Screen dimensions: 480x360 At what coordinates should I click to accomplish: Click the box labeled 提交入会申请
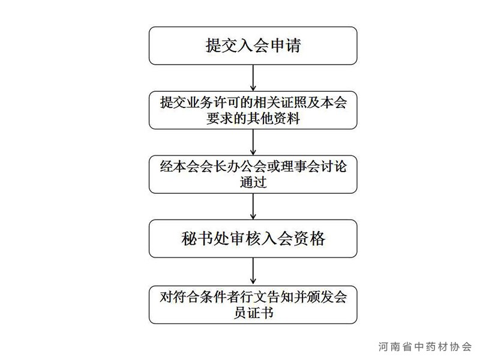[x=253, y=46]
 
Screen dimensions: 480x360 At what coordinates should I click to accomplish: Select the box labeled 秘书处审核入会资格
[x=253, y=238]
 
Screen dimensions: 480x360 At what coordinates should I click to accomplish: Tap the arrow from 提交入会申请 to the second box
[x=253, y=78]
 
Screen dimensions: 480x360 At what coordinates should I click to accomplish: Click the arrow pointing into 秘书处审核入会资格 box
[x=253, y=206]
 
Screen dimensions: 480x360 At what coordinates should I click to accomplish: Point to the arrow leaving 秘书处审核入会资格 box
[x=253, y=272]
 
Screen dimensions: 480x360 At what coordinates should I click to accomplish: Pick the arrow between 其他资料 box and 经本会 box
[x=253, y=142]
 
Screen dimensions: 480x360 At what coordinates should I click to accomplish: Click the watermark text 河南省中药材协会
[x=425, y=347]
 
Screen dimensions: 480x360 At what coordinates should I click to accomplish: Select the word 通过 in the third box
[x=253, y=182]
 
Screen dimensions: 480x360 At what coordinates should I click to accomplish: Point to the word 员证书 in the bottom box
[x=253, y=313]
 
